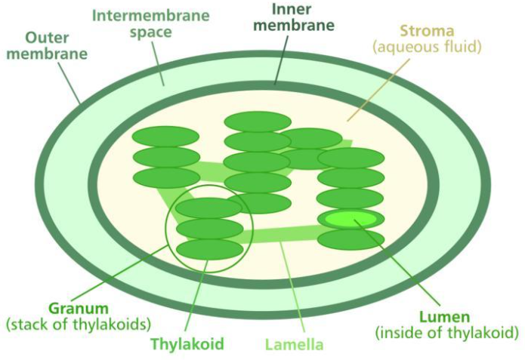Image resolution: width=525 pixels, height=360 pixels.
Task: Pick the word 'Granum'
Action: pos(79,309)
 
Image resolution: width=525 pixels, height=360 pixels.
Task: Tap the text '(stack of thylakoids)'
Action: pos(79,325)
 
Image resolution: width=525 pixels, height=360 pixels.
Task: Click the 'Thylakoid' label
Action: pos(188,345)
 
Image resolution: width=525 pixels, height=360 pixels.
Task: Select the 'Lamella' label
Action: pos(294,345)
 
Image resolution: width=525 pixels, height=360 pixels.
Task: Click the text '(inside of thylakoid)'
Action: pos(446,332)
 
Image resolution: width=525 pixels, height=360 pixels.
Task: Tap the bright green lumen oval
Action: pos(351,219)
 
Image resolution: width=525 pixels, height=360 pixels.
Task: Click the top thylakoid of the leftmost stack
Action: pos(165,137)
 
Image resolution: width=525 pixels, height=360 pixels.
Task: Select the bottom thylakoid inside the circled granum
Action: pos(209,249)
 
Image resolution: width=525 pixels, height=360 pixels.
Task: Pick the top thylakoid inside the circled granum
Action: pos(209,208)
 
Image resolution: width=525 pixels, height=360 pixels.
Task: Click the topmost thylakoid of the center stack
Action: pos(258,122)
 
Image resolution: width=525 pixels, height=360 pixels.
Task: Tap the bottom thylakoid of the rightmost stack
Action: pos(351,240)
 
